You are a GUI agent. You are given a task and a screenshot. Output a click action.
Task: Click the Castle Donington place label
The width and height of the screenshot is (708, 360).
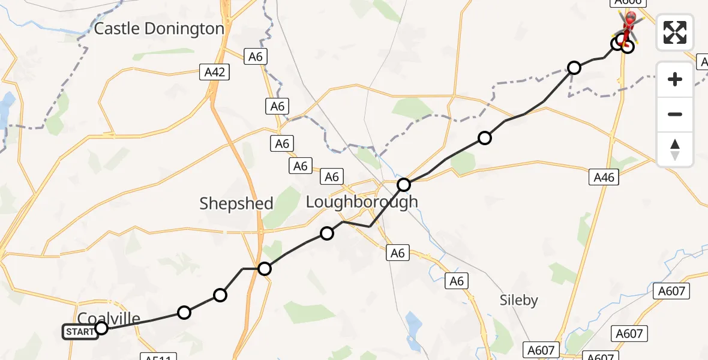pos(160,28)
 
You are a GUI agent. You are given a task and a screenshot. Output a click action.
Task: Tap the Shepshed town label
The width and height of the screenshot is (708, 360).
pos(236,203)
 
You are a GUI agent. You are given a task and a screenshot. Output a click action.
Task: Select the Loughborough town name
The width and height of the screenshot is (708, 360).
pos(362,202)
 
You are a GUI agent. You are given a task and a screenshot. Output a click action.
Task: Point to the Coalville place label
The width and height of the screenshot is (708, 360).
pos(109,318)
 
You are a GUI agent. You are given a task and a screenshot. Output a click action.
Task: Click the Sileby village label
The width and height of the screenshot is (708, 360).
pos(519,300)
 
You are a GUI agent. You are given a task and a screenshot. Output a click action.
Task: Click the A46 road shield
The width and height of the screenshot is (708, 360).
pos(604,176)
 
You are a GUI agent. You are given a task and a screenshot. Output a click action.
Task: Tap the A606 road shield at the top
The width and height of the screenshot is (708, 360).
pos(628,2)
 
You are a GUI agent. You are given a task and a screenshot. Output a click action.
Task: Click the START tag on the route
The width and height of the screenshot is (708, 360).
pos(80,331)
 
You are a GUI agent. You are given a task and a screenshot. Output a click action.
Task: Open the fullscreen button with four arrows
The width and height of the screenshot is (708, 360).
pos(675,32)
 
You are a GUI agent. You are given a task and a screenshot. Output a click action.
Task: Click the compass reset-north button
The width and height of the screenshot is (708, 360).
pos(675,149)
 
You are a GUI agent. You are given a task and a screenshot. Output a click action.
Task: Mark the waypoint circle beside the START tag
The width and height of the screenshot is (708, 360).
pos(101,328)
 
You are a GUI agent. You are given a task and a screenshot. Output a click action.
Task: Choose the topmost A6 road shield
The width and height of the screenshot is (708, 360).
pos(256,57)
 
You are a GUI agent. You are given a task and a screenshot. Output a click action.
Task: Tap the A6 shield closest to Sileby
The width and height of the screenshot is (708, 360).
pos(457,281)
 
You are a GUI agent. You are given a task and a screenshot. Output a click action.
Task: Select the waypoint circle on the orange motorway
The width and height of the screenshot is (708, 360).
pos(265,269)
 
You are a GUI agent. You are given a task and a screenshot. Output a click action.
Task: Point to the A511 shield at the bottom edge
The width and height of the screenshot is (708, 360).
pos(159,358)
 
